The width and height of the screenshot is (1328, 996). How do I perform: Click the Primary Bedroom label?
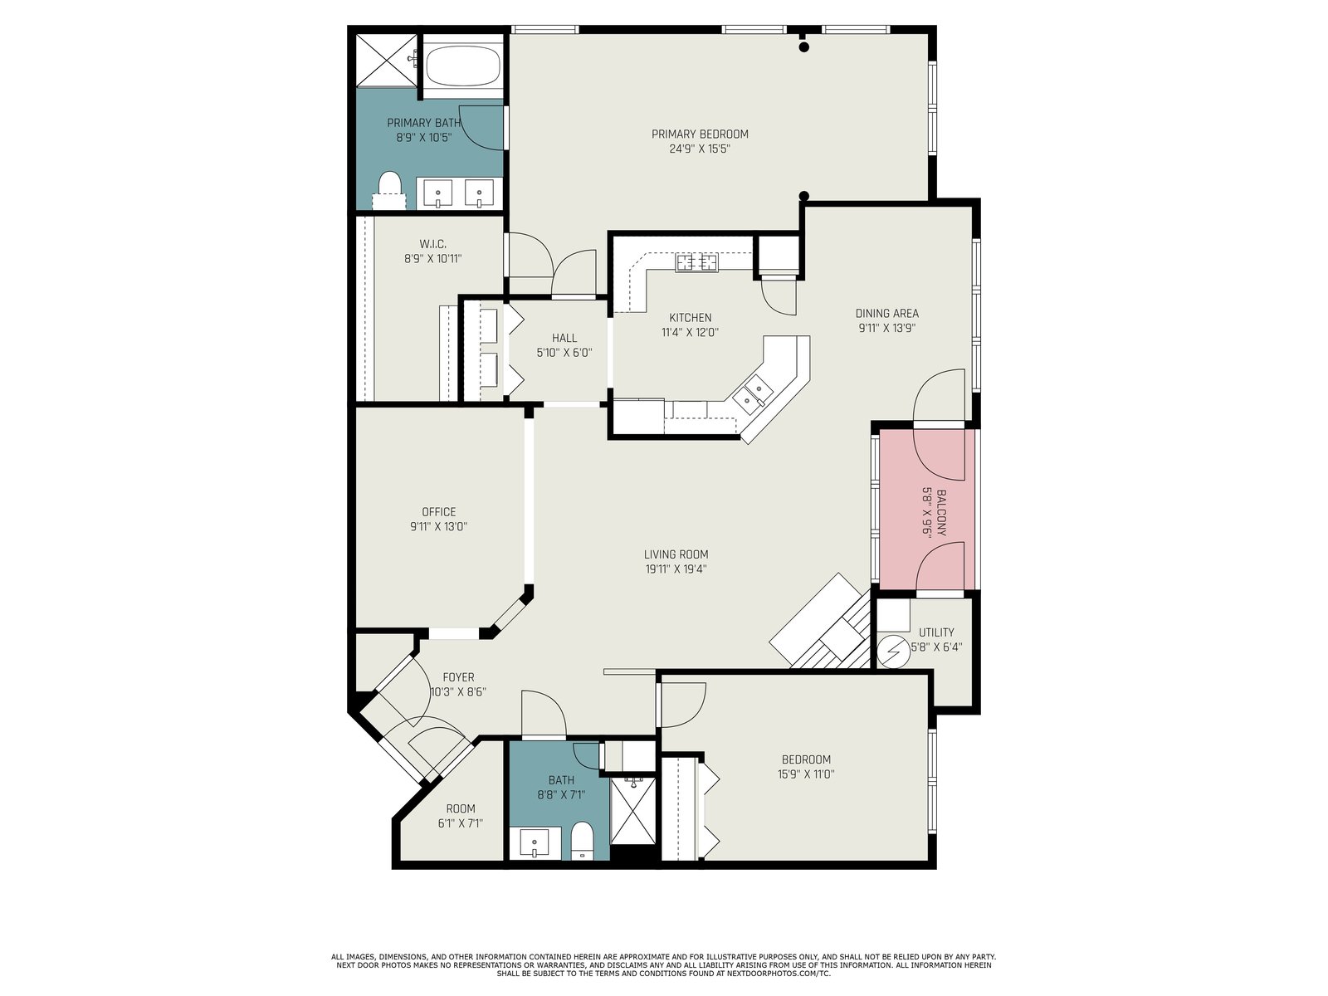click(x=700, y=134)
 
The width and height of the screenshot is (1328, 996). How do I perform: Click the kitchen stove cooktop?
click(x=696, y=263)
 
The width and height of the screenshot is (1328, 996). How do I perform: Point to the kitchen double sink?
click(x=753, y=393)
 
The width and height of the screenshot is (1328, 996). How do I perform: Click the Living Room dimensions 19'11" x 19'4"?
click(x=676, y=569)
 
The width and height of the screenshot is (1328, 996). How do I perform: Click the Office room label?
click(x=438, y=511)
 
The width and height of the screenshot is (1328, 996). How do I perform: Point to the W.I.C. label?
click(x=432, y=244)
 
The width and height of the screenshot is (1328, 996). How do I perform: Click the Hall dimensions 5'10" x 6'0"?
click(x=564, y=353)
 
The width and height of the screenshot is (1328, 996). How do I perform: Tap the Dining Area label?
click(x=886, y=313)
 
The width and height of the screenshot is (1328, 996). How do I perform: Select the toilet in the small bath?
click(x=582, y=840)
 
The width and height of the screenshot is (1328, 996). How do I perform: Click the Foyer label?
click(x=458, y=677)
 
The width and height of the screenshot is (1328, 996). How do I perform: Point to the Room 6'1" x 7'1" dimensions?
click(x=461, y=823)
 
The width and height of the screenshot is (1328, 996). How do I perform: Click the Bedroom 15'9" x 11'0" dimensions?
click(x=806, y=774)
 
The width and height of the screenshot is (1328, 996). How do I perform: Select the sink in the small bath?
click(x=535, y=843)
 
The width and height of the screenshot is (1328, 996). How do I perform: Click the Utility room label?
click(x=936, y=632)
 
